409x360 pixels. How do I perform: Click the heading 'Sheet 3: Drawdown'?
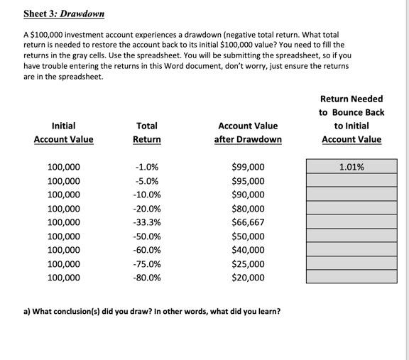click(x=64, y=13)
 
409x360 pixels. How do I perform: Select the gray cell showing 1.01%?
click(x=351, y=167)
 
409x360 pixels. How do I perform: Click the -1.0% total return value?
click(x=147, y=168)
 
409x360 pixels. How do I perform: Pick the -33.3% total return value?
click(x=147, y=222)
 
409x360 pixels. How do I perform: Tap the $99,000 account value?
click(x=248, y=168)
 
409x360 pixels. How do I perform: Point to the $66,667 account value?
click(x=248, y=222)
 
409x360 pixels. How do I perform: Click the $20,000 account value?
click(x=248, y=278)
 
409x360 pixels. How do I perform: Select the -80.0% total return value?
click(x=147, y=278)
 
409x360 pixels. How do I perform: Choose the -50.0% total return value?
click(x=147, y=236)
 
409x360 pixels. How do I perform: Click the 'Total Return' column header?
click(x=147, y=132)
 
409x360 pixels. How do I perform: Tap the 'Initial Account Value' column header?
click(x=63, y=132)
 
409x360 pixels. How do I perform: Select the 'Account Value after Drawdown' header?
click(x=248, y=132)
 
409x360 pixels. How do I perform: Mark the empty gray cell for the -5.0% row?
click(x=351, y=180)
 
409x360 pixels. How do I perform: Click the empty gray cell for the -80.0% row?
click(x=351, y=277)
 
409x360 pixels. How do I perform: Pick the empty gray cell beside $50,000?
click(x=351, y=236)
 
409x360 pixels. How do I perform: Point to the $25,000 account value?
click(x=248, y=264)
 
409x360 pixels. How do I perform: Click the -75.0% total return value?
click(x=147, y=264)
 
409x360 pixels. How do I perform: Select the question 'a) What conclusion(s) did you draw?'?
click(x=152, y=312)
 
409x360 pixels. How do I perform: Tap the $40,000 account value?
click(x=248, y=250)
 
